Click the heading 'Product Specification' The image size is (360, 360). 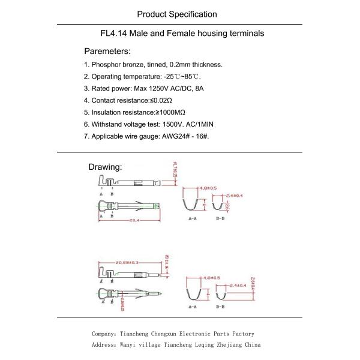[176, 14]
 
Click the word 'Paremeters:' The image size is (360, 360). [107, 51]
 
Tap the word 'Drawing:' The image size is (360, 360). [105, 167]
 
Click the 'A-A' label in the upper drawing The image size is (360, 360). [193, 220]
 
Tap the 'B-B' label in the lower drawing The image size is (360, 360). [220, 307]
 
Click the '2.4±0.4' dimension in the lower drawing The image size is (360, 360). [234, 285]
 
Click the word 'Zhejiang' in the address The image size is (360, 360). [229, 345]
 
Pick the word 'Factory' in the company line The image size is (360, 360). [241, 334]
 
